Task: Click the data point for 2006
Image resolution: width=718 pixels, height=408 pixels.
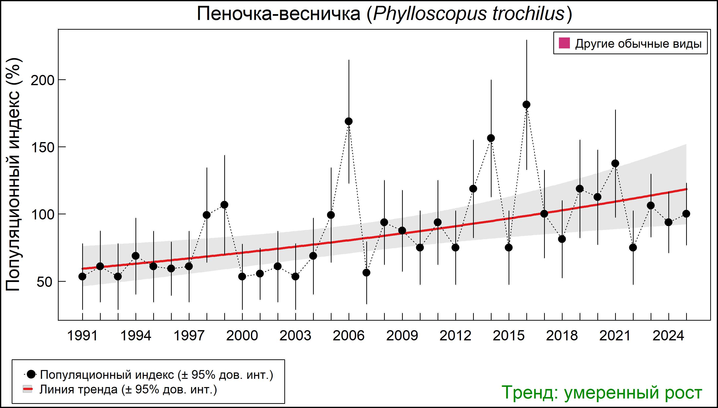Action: pos(349,121)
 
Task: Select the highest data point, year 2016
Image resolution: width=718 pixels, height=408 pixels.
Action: pos(526,105)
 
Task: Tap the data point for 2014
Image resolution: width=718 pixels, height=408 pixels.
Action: pos(491,138)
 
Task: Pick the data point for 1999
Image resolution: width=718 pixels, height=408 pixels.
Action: pos(224,205)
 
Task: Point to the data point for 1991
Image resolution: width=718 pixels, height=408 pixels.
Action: pos(82,277)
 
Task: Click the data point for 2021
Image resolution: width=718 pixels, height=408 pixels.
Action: pos(615,163)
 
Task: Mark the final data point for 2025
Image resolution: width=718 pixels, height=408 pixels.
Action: pos(686,214)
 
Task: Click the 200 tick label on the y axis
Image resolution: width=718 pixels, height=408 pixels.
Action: pos(42,81)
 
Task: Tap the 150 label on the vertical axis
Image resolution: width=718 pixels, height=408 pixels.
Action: pos(42,148)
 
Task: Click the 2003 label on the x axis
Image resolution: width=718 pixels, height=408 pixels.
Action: pos(295,336)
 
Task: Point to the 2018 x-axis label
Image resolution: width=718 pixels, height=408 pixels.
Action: pos(562,336)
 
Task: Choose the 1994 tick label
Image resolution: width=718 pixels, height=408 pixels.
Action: pos(135,336)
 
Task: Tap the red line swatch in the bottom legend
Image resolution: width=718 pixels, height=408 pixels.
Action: pos(27,389)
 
